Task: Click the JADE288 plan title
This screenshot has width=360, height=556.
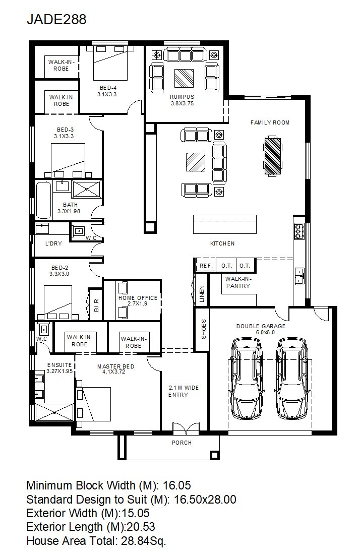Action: (56, 19)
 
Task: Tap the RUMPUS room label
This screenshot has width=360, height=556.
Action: (182, 97)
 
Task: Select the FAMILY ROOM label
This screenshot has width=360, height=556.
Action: (270, 122)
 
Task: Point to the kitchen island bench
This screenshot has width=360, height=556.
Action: (224, 224)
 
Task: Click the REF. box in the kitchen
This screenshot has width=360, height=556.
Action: (206, 266)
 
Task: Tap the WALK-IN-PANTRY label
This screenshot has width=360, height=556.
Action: (238, 282)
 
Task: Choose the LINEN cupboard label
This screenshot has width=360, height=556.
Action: (202, 294)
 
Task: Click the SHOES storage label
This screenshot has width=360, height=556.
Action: (204, 329)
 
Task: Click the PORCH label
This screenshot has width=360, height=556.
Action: (182, 443)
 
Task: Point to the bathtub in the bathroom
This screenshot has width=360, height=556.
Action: (43, 200)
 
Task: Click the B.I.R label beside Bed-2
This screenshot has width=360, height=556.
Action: (96, 305)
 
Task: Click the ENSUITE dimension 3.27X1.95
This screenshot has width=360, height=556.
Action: (59, 372)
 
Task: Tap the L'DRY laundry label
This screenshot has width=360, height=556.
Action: (53, 243)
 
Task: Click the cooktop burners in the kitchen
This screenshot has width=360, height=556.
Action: (298, 231)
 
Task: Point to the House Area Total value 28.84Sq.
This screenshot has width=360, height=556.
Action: (144, 541)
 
